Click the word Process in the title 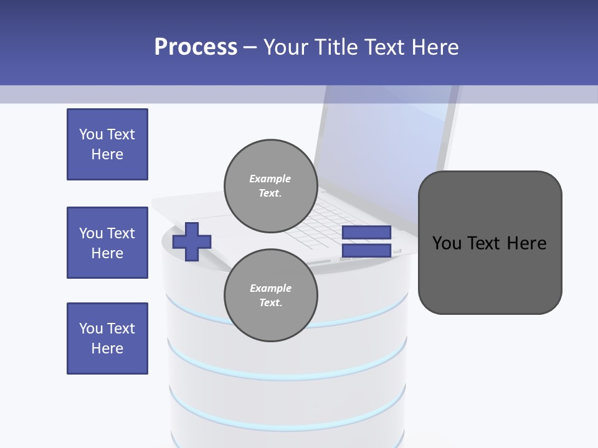click(x=196, y=47)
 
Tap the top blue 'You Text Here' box click(x=107, y=144)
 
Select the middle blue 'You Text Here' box click(x=107, y=243)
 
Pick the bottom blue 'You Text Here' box click(x=107, y=338)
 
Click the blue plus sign click(x=191, y=241)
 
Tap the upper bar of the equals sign click(x=366, y=233)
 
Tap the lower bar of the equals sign click(x=366, y=251)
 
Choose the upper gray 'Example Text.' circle click(x=270, y=186)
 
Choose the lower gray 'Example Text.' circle click(x=270, y=296)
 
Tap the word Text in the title click(x=387, y=47)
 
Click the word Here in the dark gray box click(x=526, y=243)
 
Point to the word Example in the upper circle click(x=270, y=179)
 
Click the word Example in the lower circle click(x=270, y=288)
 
